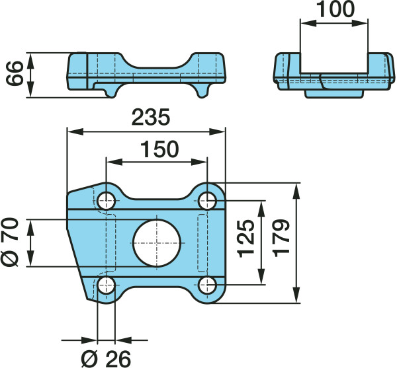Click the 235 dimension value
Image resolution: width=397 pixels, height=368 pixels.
[151, 118]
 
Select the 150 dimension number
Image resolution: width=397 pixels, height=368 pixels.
[159, 149]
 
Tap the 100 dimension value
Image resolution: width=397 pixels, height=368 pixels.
[335, 9]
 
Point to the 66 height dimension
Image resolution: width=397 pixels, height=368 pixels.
[15, 73]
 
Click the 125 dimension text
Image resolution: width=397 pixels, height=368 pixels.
[246, 239]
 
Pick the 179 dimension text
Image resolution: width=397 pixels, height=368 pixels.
[281, 239]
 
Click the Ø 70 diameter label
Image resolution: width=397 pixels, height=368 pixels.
[10, 242]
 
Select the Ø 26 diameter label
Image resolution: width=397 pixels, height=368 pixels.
[106, 359]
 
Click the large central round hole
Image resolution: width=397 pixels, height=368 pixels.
[157, 243]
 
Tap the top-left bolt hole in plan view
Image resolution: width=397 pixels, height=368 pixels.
[107, 201]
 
